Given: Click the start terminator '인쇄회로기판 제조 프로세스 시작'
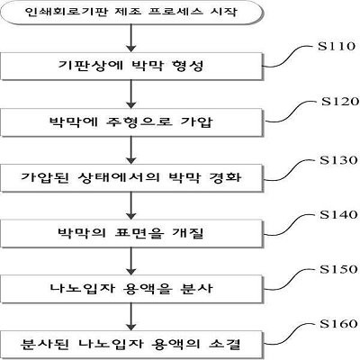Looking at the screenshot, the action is (131, 13).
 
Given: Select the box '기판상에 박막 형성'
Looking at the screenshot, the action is (131, 67).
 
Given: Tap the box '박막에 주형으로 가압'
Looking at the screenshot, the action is (131, 122).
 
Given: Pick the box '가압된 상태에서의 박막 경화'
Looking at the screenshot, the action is (131, 177).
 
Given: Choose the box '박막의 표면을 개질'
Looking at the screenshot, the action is (131, 233).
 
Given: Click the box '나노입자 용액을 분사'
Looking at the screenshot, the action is (131, 289).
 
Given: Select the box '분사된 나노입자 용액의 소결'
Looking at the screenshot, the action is (131, 344).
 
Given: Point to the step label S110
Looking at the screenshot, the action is (337, 46).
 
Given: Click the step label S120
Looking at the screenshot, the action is (340, 102).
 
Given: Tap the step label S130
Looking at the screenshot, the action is (338, 160).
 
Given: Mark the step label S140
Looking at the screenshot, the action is (338, 215).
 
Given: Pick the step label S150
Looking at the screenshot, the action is (338, 269).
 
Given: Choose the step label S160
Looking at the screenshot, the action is (338, 324).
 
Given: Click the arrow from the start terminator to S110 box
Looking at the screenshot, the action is (131, 39).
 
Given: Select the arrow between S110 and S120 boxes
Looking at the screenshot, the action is (131, 94).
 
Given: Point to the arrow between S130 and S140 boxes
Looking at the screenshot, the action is (131, 205).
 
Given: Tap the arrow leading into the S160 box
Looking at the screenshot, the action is (131, 316).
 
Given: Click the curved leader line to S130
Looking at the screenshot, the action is (290, 170).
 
